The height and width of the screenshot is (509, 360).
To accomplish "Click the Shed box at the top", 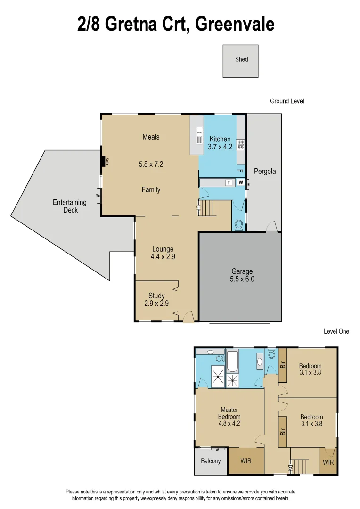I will [x=241, y=60].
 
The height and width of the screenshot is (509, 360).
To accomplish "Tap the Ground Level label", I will [x=286, y=101].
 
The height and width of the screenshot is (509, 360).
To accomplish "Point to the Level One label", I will [x=336, y=331].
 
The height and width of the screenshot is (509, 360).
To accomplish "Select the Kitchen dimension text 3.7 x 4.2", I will [x=220, y=147].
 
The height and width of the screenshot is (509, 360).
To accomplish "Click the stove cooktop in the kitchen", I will [x=240, y=144].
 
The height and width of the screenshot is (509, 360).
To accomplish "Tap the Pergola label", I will [x=264, y=171].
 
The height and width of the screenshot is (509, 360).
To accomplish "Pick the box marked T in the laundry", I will [x=229, y=182].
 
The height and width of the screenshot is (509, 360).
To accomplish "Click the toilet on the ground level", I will [x=238, y=225].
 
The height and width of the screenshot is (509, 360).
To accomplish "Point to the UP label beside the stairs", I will [x=198, y=207].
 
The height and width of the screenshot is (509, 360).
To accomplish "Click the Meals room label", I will [x=151, y=137].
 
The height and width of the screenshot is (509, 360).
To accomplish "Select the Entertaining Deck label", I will [x=69, y=206].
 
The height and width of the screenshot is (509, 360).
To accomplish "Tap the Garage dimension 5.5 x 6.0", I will [x=242, y=279].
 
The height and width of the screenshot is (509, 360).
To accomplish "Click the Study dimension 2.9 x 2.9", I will [x=156, y=304].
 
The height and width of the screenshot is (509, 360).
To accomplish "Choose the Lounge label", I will [x=163, y=249].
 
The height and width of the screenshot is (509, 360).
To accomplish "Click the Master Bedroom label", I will [x=229, y=413].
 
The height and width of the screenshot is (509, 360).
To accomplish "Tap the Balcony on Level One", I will [x=211, y=461].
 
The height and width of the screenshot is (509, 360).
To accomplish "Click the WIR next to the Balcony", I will [x=245, y=461].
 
